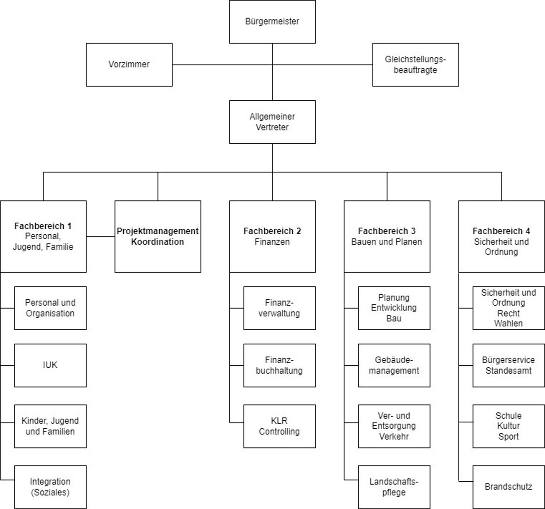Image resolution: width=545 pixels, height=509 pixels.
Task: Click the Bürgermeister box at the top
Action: click(272, 22)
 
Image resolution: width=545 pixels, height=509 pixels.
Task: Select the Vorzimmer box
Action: click(129, 65)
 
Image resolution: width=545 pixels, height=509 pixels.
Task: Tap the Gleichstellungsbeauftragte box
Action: click(415, 65)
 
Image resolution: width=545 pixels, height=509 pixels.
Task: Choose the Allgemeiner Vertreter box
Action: click(272, 122)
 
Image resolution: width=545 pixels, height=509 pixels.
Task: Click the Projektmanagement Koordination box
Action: click(157, 236)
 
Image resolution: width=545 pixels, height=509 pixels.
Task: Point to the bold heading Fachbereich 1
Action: click(43, 226)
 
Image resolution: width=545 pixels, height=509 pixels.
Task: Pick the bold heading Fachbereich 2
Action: click(272, 231)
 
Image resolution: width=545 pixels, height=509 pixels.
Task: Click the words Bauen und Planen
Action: click(387, 242)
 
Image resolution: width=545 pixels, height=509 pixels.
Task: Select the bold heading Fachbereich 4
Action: click(501, 231)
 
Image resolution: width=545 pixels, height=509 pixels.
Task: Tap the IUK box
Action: click(50, 365)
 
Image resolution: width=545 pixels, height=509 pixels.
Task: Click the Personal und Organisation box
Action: click(50, 308)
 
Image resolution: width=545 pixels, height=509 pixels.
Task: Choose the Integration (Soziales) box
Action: click(50, 487)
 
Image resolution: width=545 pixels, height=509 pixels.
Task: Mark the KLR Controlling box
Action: click(279, 426)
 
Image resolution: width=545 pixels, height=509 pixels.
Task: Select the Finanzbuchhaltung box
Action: click(279, 365)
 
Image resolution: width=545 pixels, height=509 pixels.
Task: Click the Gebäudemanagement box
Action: click(394, 365)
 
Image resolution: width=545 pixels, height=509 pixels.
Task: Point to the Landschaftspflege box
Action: click(394, 487)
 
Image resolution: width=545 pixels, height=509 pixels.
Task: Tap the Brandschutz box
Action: click(509, 487)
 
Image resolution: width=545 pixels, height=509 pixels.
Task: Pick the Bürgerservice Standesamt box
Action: click(509, 365)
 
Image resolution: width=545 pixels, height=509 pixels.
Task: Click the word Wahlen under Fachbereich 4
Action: click(509, 324)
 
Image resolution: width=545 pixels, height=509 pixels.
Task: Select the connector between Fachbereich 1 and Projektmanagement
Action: click(100, 236)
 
